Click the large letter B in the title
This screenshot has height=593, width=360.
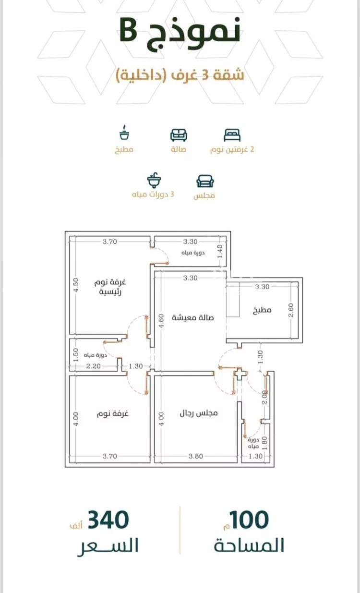[129, 30]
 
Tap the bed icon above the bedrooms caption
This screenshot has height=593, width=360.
[232, 135]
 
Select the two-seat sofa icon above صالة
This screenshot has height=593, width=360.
[179, 135]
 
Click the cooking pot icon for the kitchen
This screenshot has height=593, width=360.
[124, 133]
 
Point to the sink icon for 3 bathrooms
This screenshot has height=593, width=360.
[154, 180]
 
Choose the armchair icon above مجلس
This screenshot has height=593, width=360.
[205, 182]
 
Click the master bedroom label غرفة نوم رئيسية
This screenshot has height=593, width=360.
[110, 287]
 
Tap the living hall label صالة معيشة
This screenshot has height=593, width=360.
[192, 317]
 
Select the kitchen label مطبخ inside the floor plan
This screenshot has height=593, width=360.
[262, 310]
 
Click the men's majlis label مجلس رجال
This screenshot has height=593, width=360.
[199, 413]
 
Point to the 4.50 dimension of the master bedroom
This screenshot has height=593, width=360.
[76, 285]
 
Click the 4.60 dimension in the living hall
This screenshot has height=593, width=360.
[161, 321]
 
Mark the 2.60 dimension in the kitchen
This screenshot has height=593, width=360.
[291, 310]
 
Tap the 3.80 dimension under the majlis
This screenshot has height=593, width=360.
[196, 456]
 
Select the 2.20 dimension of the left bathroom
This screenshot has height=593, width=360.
[93, 366]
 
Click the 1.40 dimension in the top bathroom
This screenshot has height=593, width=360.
[220, 252]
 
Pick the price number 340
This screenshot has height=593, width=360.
[108, 520]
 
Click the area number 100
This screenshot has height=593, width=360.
[249, 520]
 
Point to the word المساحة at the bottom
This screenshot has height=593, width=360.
[249, 545]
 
